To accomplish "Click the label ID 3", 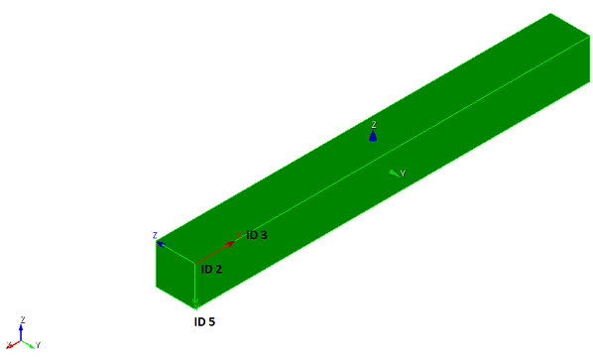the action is click(257, 235).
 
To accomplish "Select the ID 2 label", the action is click(211, 269).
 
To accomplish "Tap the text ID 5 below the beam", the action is click(204, 321).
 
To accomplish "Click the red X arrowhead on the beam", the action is click(229, 245).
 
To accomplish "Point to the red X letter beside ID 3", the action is click(239, 235).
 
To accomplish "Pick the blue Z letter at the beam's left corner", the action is click(155, 236).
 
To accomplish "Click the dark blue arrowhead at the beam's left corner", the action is click(161, 244).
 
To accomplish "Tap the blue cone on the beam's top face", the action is click(373, 136).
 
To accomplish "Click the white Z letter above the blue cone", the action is click(374, 125).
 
